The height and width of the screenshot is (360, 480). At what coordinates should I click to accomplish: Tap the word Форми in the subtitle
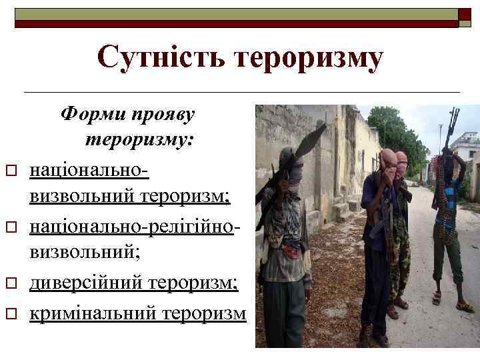(x=90, y=113)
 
